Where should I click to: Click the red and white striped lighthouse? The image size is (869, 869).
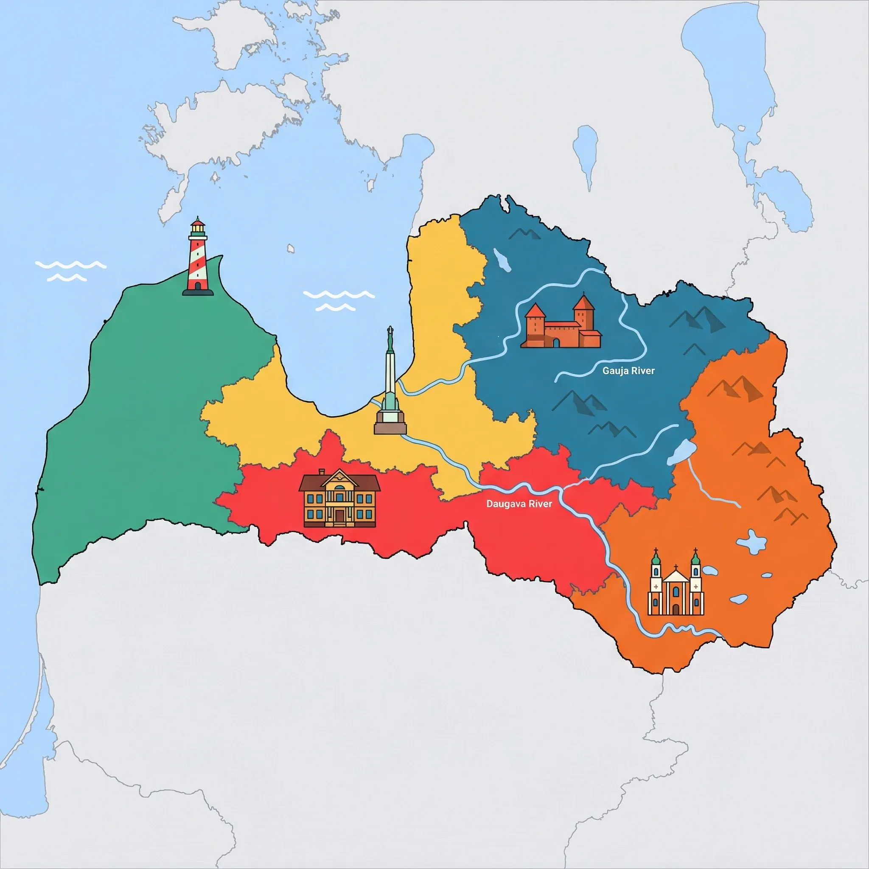point(197,259)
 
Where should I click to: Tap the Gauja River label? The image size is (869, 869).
point(628,371)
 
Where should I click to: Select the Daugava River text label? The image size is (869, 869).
point(519,504)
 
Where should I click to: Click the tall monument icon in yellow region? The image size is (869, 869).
point(390,387)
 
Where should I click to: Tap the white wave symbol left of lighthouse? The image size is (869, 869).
point(70,270)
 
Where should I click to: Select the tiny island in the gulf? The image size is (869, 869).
point(291,248)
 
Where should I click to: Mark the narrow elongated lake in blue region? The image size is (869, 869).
point(502,260)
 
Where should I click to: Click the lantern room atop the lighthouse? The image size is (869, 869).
point(197,230)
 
